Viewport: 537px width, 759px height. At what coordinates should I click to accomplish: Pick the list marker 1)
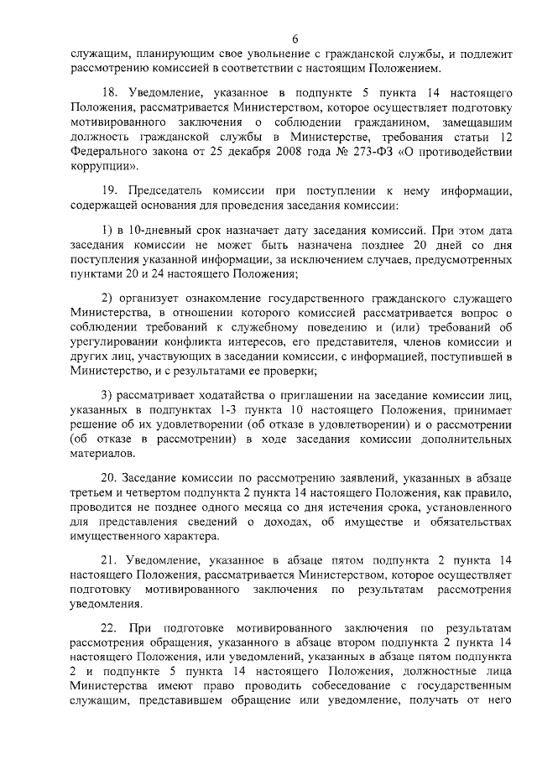pyautogui.click(x=107, y=230)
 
